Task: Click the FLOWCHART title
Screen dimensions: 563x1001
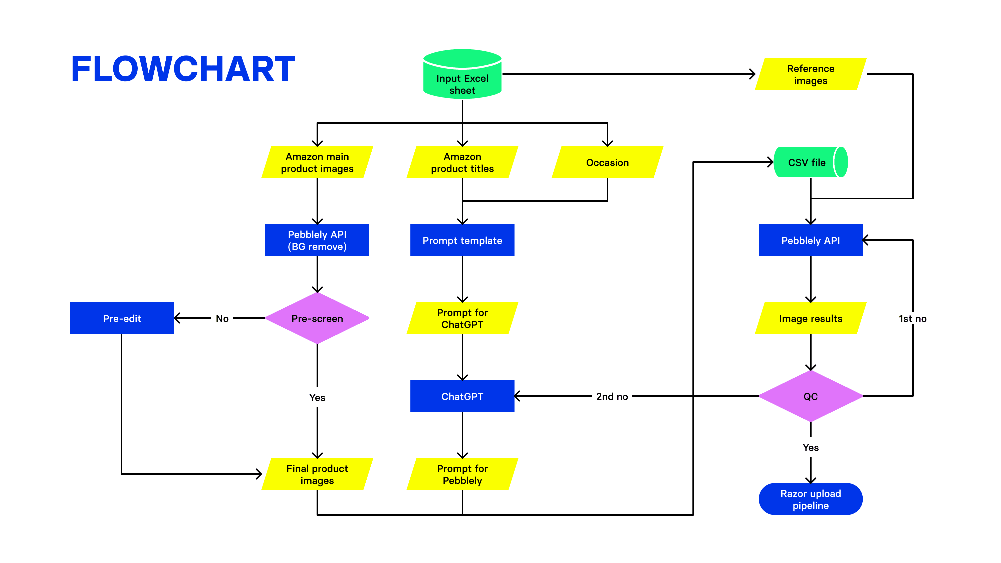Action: coord(183,69)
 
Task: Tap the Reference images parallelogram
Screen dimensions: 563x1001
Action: coord(810,74)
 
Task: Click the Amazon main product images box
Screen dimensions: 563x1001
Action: coord(317,162)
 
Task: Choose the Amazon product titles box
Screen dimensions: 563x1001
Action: coord(462,162)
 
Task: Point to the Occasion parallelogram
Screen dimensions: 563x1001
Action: coord(607,162)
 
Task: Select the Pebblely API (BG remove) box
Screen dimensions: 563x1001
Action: coord(317,240)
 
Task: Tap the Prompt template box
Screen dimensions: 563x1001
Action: coord(462,240)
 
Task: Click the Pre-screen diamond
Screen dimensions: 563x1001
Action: coord(317,318)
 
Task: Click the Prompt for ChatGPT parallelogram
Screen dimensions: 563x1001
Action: coord(462,318)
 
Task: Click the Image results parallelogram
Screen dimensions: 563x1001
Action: coord(810,318)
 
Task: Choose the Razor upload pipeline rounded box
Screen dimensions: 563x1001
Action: coord(810,499)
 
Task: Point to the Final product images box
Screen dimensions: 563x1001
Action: coord(317,474)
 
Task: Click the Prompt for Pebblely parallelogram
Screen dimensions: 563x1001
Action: coord(462,474)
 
